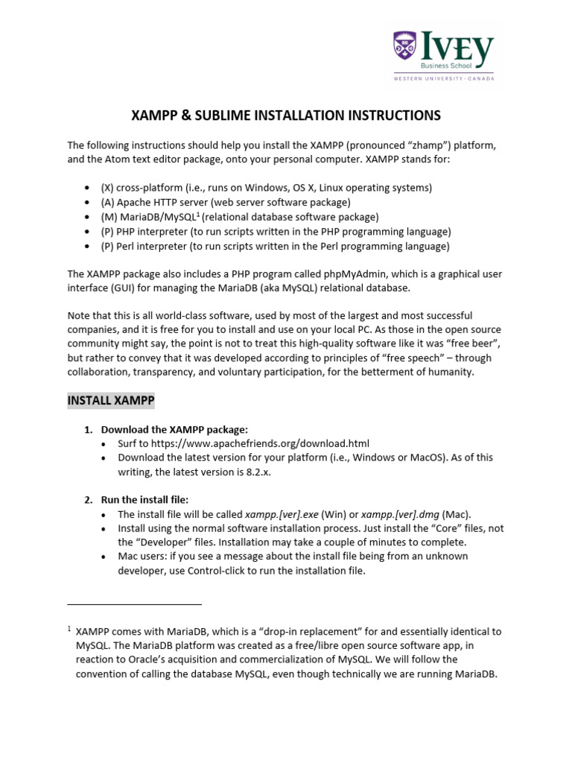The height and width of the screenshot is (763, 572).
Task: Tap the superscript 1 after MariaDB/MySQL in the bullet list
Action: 197,215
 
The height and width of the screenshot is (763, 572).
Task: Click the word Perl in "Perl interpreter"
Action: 128,247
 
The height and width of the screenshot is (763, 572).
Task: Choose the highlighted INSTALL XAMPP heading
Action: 111,401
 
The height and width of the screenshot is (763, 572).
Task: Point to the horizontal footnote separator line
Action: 134,604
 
